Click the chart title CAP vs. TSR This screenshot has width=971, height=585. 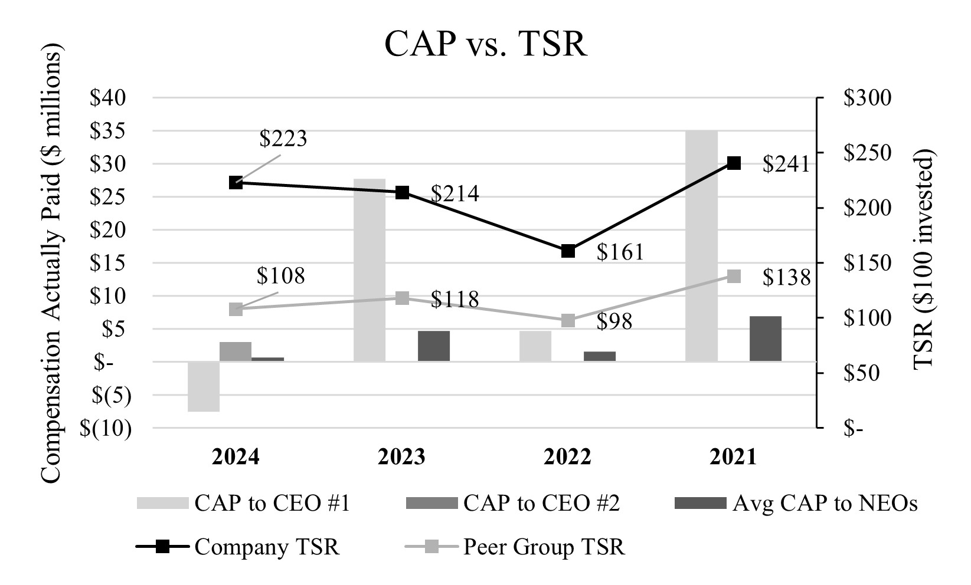[x=485, y=44]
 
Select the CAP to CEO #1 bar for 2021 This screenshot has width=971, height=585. [x=701, y=246]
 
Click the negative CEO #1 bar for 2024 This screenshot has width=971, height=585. [x=204, y=386]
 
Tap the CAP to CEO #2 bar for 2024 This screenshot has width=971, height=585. [x=236, y=351]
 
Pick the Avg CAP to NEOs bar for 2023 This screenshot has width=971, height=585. [x=434, y=346]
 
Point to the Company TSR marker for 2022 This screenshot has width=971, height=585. [x=568, y=251]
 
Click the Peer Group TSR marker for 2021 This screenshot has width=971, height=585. [x=734, y=277]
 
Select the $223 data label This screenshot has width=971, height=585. [x=283, y=139]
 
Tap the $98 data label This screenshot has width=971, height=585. [x=614, y=322]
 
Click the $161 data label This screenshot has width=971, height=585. [x=620, y=252]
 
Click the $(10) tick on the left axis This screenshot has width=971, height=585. [x=106, y=429]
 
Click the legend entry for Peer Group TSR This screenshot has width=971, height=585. [x=543, y=547]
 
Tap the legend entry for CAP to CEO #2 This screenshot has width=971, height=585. [x=541, y=504]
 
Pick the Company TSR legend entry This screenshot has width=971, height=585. [x=267, y=547]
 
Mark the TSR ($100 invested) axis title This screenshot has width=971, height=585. [x=925, y=259]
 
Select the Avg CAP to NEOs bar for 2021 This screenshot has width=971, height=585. [x=766, y=339]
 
